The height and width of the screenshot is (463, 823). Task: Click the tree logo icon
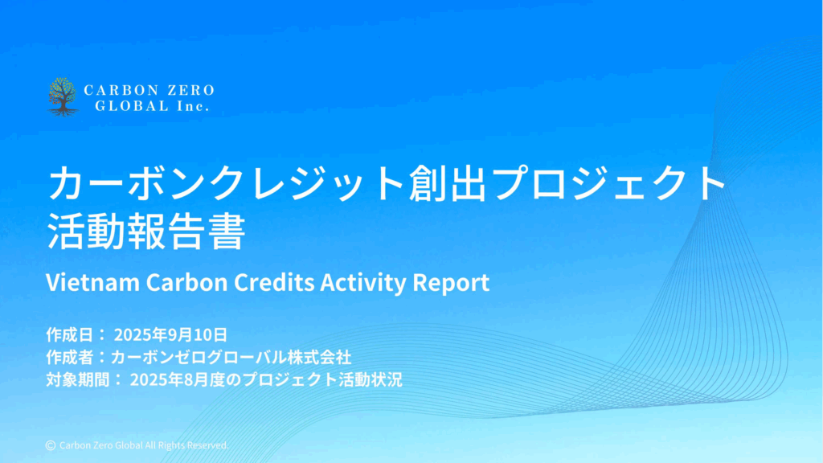[63, 96]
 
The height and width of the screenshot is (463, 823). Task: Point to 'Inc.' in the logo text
[193, 106]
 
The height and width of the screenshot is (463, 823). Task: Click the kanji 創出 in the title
[447, 183]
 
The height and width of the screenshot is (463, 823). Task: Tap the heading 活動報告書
[146, 231]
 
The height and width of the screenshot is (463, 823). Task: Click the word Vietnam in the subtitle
[93, 282]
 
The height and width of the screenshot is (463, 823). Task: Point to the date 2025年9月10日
[170, 334]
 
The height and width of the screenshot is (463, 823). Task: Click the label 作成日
[70, 334]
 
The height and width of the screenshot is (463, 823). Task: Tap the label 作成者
[70, 357]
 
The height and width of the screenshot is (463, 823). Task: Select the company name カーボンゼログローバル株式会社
[231, 357]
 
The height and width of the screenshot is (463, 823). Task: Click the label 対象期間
[78, 379]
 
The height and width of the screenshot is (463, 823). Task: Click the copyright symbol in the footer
[51, 445]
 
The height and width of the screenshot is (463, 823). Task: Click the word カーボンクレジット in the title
[226, 183]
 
